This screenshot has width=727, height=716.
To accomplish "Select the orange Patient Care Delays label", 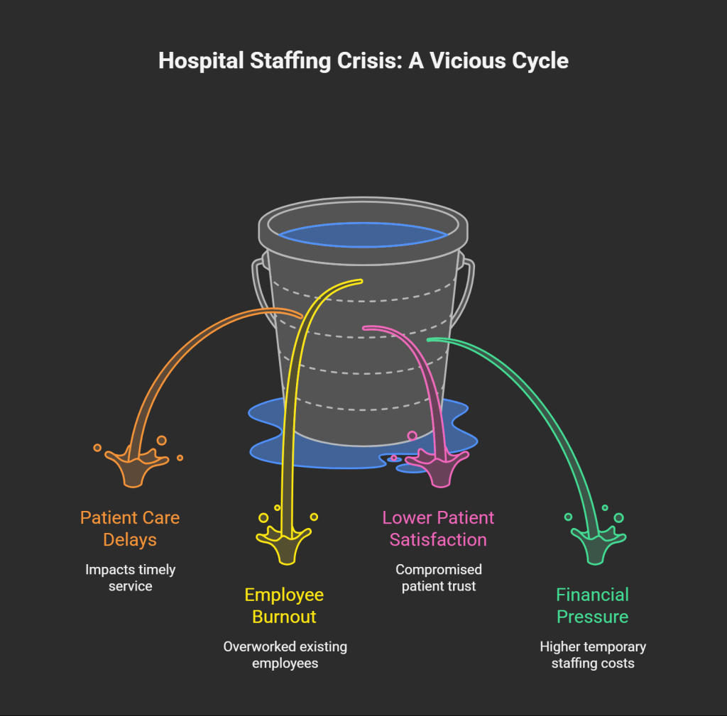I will (x=130, y=529).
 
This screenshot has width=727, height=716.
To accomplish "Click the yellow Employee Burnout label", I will (x=284, y=605).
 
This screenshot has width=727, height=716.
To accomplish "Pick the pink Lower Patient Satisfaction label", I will (x=438, y=529).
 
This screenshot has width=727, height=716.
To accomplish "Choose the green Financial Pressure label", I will (x=593, y=605).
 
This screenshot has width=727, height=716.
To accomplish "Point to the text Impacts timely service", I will (x=130, y=578).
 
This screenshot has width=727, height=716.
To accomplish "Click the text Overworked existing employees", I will (x=285, y=655).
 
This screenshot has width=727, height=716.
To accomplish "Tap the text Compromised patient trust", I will (x=438, y=578).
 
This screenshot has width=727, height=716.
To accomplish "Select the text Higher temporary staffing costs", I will (x=593, y=655).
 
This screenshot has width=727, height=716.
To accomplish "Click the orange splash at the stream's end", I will (x=134, y=466).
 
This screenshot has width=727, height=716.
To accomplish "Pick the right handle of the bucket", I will (x=468, y=291).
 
